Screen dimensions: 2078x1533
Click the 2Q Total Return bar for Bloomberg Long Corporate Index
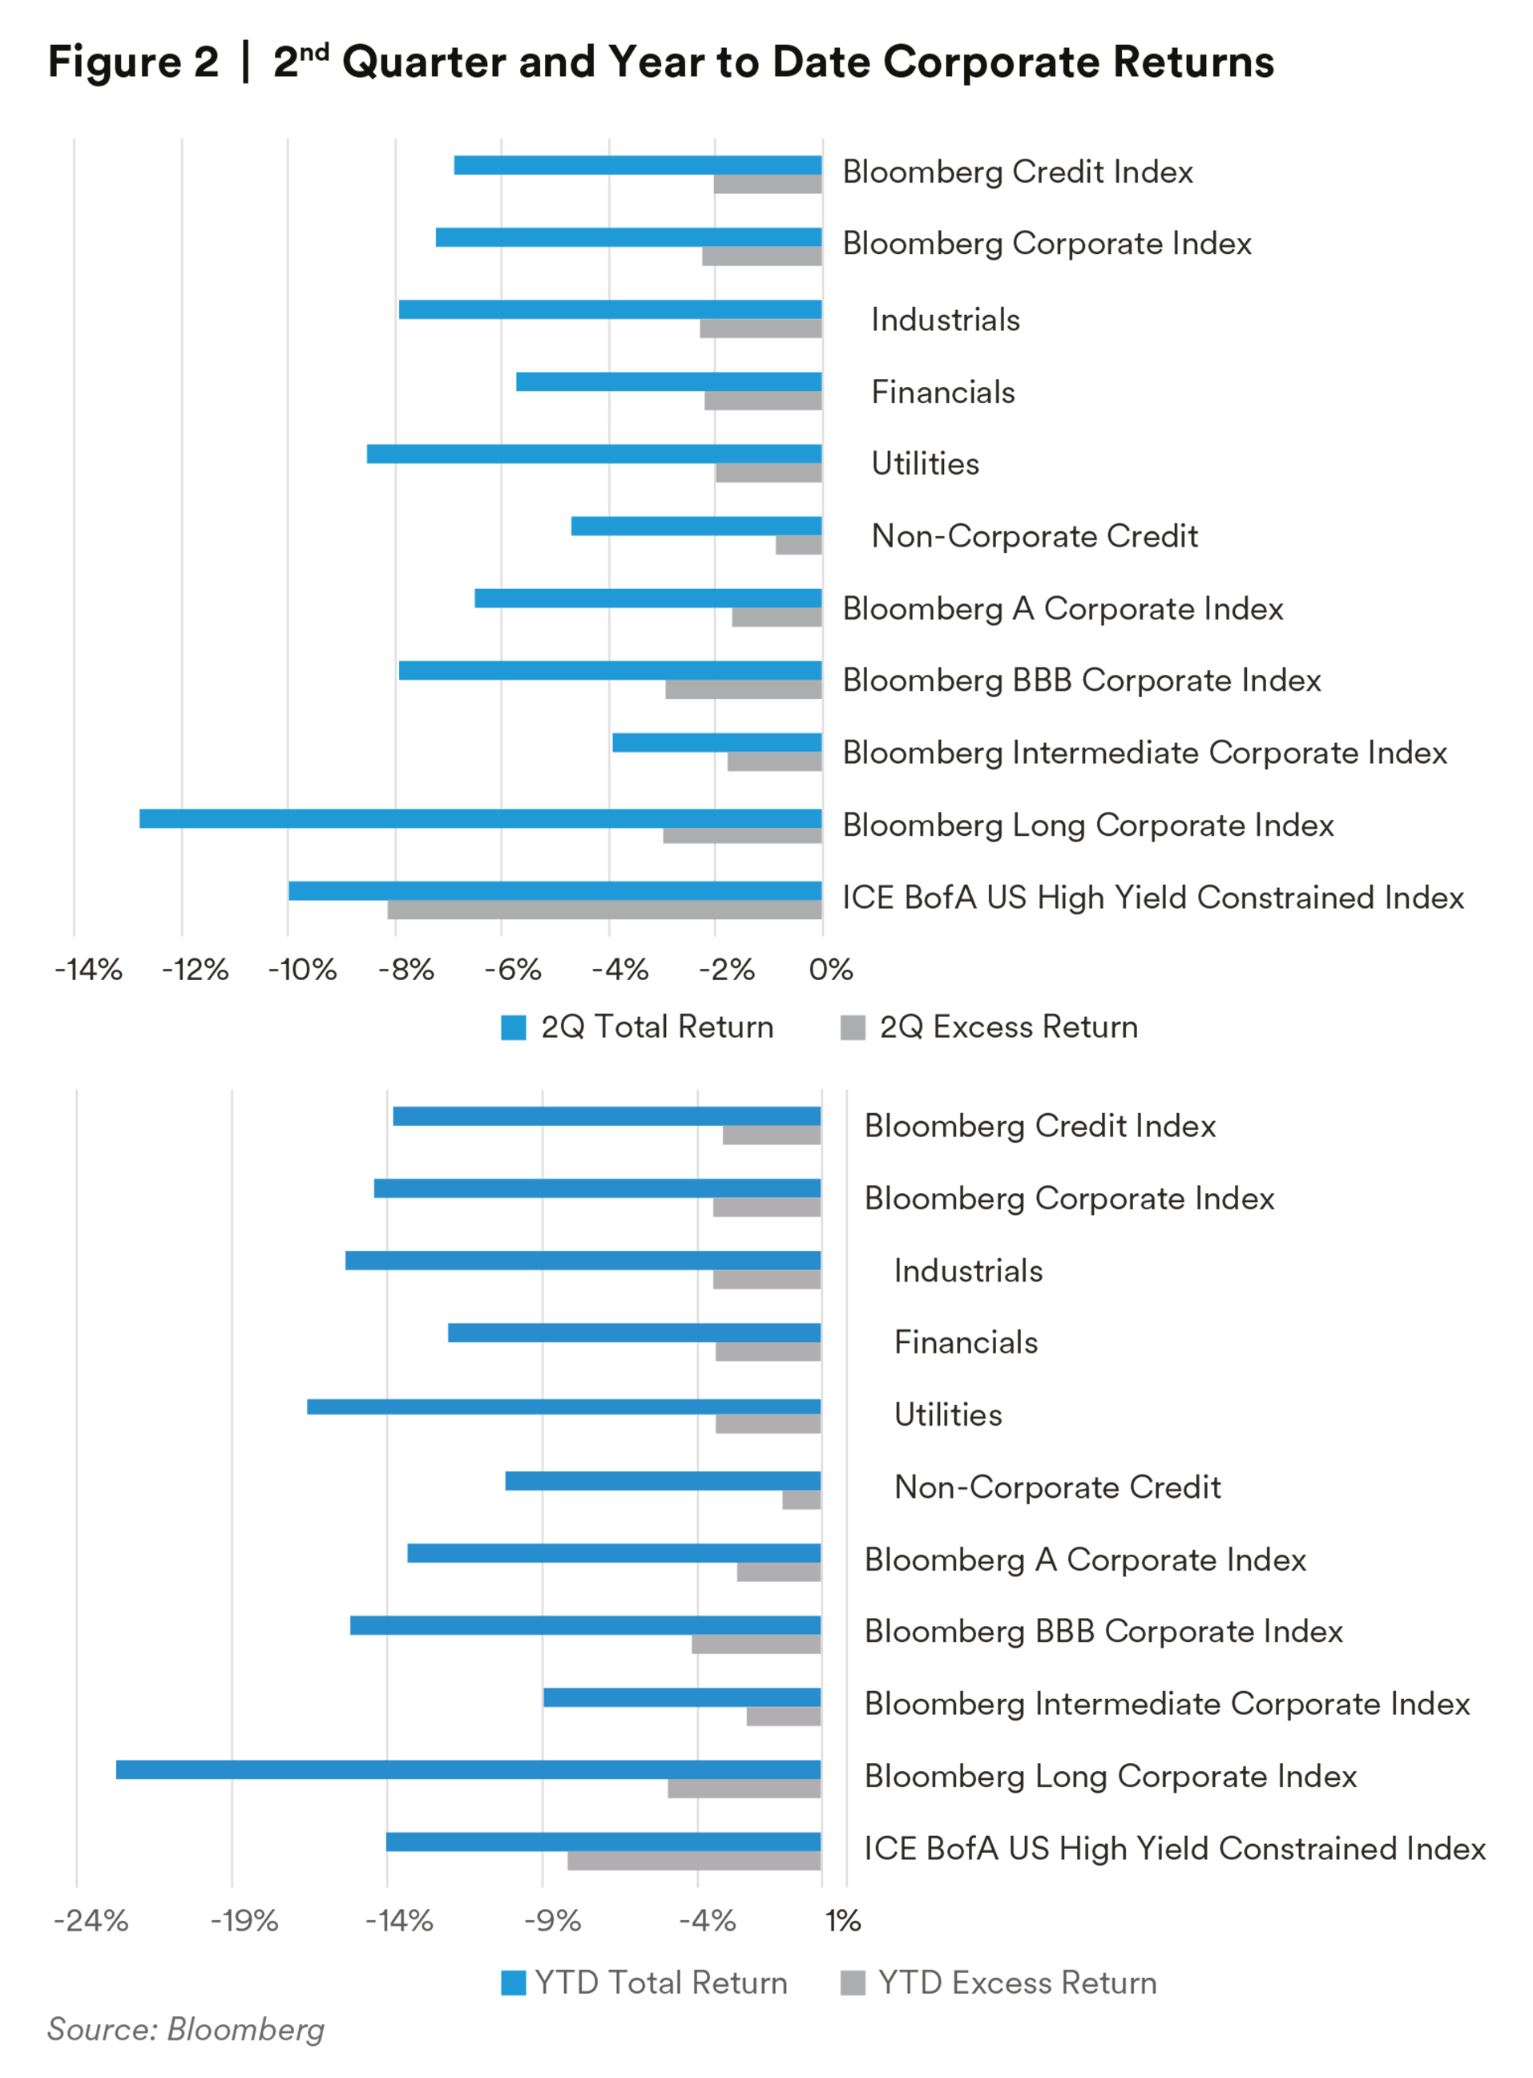pyautogui.click(x=480, y=818)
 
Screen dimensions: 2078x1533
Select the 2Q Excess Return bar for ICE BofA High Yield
pyautogui.click(x=604, y=910)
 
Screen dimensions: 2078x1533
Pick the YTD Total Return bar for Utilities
pyautogui.click(x=563, y=1406)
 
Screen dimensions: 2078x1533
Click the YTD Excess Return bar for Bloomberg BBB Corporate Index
pyautogui.click(x=756, y=1644)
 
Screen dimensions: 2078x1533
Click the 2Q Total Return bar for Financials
pyautogui.click(x=668, y=381)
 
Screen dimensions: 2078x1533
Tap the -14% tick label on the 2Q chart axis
pyautogui.click(x=88, y=970)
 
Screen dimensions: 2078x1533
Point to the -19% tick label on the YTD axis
pyautogui.click(x=244, y=1920)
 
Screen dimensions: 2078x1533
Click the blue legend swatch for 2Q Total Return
pyautogui.click(x=513, y=1027)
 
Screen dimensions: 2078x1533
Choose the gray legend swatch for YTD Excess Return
pyautogui.click(x=852, y=1983)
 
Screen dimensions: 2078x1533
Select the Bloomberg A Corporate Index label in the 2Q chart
pyautogui.click(x=1063, y=609)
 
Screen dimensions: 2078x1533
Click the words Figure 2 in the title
pyautogui.click(x=133, y=63)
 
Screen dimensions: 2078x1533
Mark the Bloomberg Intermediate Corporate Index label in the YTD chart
pyautogui.click(x=1167, y=1704)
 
